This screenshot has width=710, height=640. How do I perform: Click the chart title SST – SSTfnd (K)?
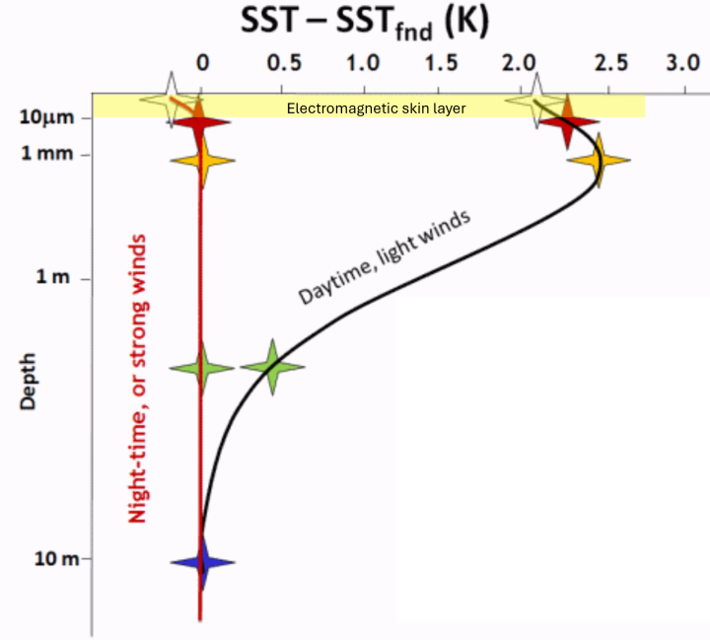(x=365, y=23)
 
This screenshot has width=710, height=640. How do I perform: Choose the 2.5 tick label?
(x=610, y=62)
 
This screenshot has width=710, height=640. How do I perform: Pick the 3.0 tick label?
(x=681, y=62)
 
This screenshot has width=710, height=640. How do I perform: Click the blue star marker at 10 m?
(x=202, y=563)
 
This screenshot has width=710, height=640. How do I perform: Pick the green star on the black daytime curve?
(x=272, y=367)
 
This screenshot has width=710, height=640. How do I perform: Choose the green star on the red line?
(x=202, y=368)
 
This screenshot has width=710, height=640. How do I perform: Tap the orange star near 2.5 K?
(x=598, y=160)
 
